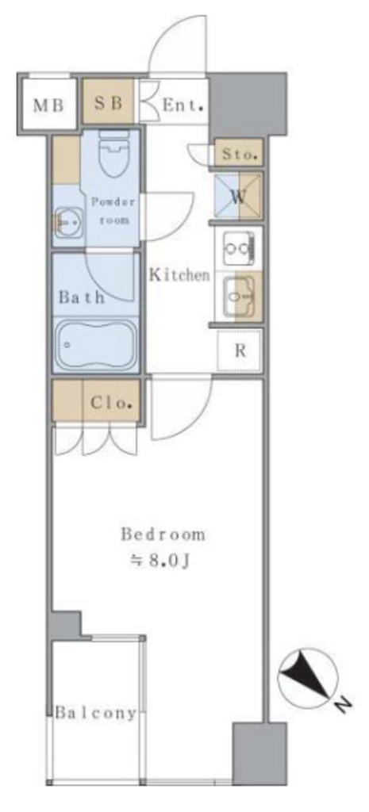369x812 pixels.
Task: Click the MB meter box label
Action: [48, 105]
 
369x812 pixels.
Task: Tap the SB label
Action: [108, 103]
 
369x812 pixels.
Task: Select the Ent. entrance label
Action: [183, 105]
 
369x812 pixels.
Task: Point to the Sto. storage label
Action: [240, 154]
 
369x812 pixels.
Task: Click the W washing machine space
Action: [238, 197]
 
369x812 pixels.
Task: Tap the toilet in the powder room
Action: [113, 154]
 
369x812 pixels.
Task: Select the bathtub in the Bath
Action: [96, 344]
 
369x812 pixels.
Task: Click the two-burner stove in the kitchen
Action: [238, 249]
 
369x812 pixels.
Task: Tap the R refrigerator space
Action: [240, 350]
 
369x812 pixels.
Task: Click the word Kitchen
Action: [180, 275]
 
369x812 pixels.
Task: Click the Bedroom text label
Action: [163, 534]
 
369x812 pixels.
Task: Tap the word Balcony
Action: [96, 713]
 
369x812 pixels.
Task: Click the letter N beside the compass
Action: [343, 705]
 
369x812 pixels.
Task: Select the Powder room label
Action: [113, 210]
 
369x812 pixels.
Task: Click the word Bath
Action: [82, 297]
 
